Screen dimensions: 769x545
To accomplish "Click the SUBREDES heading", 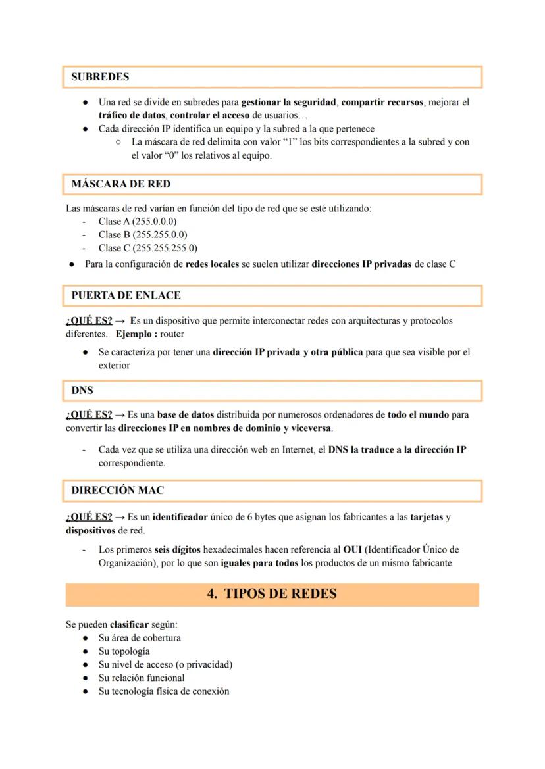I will pos(100,77).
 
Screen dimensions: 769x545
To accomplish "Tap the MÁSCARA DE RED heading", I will pos(120,184).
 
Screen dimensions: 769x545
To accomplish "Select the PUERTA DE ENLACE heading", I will pos(126,295).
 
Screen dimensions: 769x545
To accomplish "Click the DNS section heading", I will pos(82,390).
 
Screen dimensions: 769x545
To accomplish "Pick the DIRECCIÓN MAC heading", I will pos(118,491).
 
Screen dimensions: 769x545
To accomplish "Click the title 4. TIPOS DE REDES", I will pos(272,594).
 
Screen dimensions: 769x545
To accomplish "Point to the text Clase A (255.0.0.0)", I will pos(137,221).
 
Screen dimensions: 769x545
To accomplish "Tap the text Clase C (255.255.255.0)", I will pos(147,248).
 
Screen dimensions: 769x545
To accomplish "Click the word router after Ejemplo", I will pos(172,334).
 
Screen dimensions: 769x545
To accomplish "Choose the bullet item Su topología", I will pos(124,651).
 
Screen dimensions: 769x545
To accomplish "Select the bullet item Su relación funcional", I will pos(141,678).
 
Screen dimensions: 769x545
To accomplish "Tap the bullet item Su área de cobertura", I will pos(140,637).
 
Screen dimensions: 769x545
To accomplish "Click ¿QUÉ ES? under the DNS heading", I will pos(89,415).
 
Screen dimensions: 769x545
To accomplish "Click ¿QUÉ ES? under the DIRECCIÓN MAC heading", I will pos(89,516).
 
